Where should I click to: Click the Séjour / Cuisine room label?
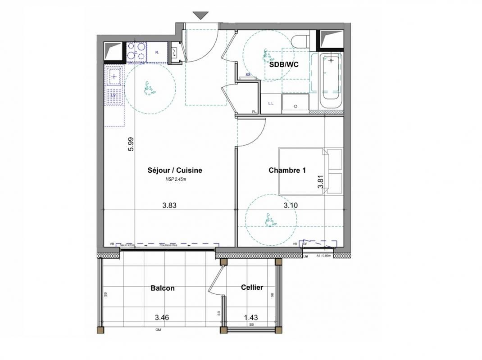[175, 171]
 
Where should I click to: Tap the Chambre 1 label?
[287, 170]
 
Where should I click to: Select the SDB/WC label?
[283, 65]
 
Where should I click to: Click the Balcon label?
[163, 288]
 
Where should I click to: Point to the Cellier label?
[252, 287]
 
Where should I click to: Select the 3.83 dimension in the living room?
[169, 205]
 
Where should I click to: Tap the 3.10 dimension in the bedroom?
[291, 205]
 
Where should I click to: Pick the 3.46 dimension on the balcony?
[162, 318]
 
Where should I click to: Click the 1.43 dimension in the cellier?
[251, 318]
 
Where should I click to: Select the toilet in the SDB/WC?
[300, 41]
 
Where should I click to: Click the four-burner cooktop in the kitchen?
[136, 51]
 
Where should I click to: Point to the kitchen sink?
[114, 77]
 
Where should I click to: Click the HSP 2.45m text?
[175, 180]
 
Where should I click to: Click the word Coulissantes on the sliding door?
[168, 245]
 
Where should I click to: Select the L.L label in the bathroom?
[271, 103]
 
